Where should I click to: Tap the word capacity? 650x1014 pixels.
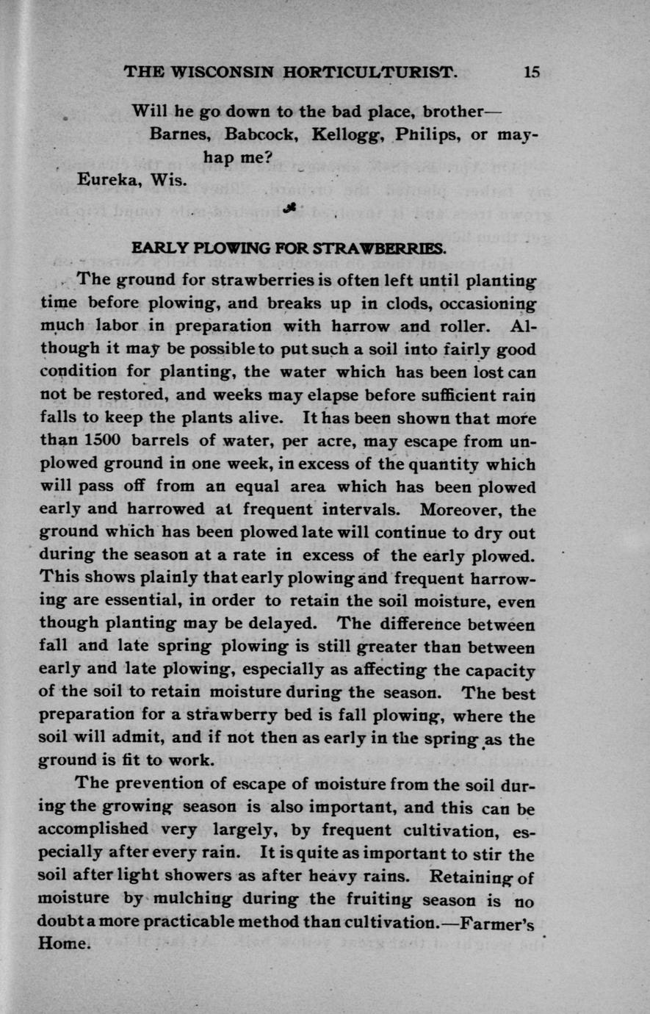(502, 670)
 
